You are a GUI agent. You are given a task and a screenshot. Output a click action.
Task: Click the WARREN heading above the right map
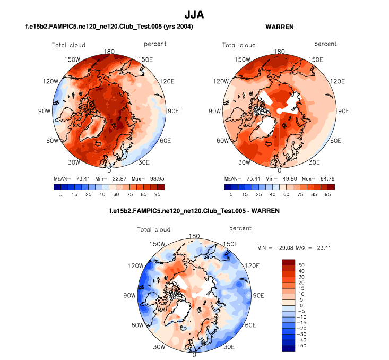pos(279,27)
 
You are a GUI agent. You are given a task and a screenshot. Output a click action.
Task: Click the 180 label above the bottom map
pos(194,236)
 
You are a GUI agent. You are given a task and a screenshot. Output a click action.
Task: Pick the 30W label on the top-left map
pos(74,162)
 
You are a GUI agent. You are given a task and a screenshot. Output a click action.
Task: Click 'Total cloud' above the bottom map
pos(154,229)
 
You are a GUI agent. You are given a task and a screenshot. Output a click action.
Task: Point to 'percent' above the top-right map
pos(325,44)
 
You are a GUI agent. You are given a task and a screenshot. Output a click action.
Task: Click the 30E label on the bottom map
pos(229,346)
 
